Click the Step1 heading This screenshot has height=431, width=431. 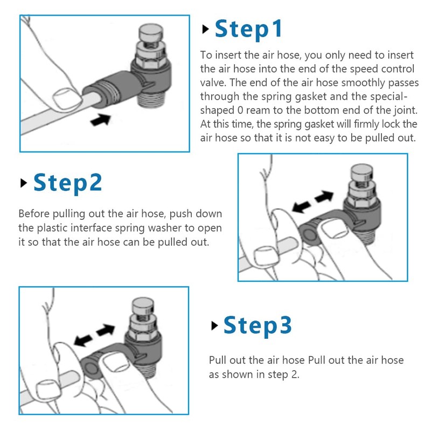(248, 30)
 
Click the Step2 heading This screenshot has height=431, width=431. (68, 183)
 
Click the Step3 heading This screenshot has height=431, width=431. (258, 326)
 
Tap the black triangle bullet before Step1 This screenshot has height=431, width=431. (205, 29)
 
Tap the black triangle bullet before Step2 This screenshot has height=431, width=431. (24, 183)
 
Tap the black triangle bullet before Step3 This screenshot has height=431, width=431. (214, 326)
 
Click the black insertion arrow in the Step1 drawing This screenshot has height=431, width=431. (101, 120)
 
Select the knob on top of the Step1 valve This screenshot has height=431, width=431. (151, 32)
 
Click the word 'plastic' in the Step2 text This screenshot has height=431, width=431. (52, 228)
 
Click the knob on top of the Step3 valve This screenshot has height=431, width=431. (143, 305)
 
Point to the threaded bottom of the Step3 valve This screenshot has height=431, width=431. (144, 370)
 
